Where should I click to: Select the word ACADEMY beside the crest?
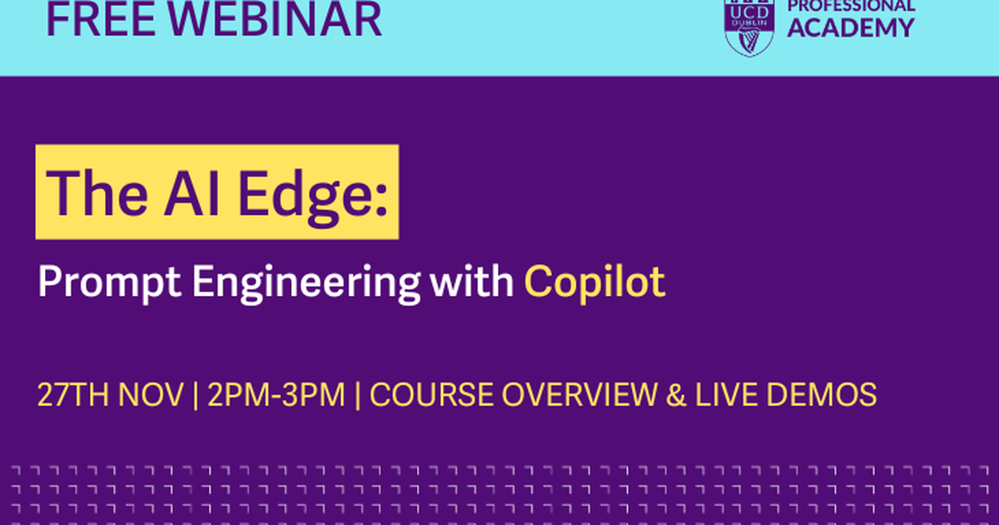pyautogui.click(x=850, y=27)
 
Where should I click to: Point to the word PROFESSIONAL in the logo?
pyautogui.click(x=851, y=6)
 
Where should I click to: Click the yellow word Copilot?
pyautogui.click(x=594, y=283)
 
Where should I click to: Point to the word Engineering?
pyautogui.click(x=307, y=284)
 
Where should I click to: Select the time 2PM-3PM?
pyautogui.click(x=277, y=395)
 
